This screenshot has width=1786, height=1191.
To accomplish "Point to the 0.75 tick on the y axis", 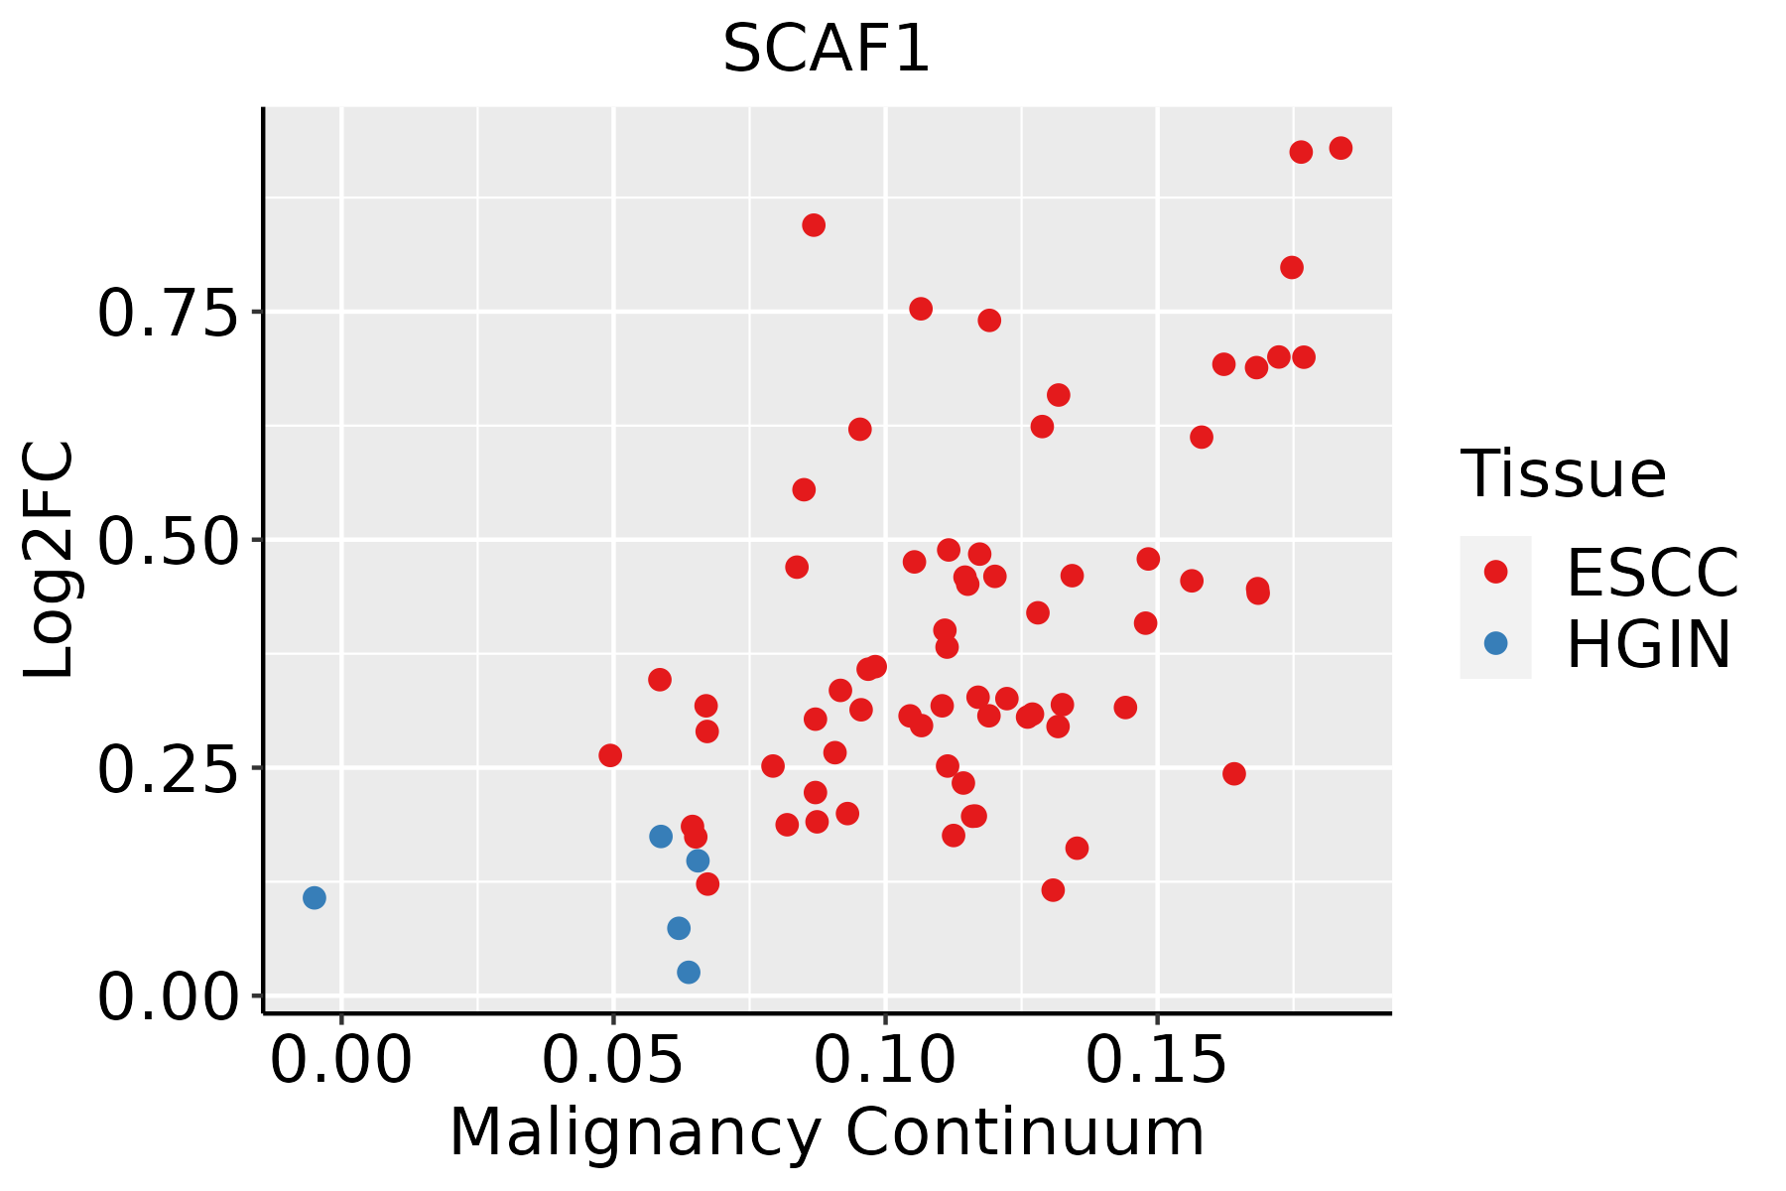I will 169,314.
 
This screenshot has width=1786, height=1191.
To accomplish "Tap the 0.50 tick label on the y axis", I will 169,542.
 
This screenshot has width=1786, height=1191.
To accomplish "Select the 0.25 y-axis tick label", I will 169,770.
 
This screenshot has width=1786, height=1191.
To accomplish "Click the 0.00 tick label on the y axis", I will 169,997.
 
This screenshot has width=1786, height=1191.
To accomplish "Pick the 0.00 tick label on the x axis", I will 341,1061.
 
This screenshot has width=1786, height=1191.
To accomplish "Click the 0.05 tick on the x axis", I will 613,1061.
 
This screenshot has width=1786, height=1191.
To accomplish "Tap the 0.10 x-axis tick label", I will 885,1061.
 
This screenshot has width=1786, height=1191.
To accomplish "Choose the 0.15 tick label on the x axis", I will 1157,1061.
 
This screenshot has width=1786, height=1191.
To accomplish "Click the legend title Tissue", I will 1564,474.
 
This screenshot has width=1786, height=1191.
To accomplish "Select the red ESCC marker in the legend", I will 1495,572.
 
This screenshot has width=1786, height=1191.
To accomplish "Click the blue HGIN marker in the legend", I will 1495,643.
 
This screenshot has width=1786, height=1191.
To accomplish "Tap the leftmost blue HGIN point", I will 315,898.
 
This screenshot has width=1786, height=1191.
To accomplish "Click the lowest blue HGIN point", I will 689,972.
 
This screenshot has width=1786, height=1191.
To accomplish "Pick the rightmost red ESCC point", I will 1340,148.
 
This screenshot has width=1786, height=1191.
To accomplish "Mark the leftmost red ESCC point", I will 610,755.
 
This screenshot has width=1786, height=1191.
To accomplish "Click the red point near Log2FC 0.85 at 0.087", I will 814,225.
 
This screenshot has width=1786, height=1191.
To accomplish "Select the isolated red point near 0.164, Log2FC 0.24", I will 1234,774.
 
